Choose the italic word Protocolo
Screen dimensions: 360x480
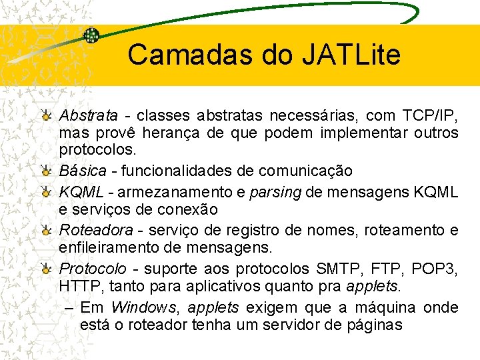(x=93, y=269)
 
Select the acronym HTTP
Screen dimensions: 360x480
(x=78, y=287)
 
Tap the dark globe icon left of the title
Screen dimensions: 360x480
(x=91, y=35)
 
